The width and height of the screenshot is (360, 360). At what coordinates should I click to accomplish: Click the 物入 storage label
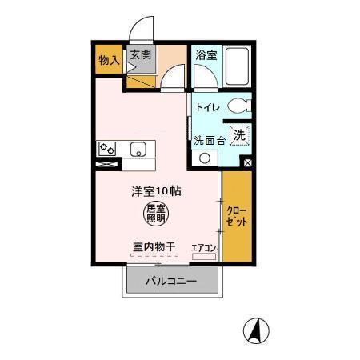tap(109, 60)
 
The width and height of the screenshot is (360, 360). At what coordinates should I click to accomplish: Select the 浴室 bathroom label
tap(206, 55)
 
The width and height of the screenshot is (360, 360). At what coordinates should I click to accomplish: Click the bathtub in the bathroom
tap(237, 66)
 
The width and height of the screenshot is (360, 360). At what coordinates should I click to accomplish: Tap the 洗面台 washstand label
tap(210, 139)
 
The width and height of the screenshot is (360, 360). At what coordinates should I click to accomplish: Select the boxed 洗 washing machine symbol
tap(238, 136)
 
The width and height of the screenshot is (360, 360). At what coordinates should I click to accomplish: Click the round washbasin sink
tap(205, 158)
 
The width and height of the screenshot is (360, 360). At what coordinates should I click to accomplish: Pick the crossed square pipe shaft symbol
tap(247, 163)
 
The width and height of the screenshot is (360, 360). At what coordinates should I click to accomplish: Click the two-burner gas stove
tap(107, 149)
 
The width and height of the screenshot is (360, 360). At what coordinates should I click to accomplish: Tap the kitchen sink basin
tap(138, 149)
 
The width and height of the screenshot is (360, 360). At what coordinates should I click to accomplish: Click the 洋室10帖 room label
tap(157, 192)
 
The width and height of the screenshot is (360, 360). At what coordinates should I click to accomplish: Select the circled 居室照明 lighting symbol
tap(156, 213)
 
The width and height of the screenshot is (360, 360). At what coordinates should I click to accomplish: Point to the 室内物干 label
tap(154, 248)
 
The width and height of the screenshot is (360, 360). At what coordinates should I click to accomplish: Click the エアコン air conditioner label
tap(204, 248)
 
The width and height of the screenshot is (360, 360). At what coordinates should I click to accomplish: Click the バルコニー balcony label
tap(171, 282)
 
